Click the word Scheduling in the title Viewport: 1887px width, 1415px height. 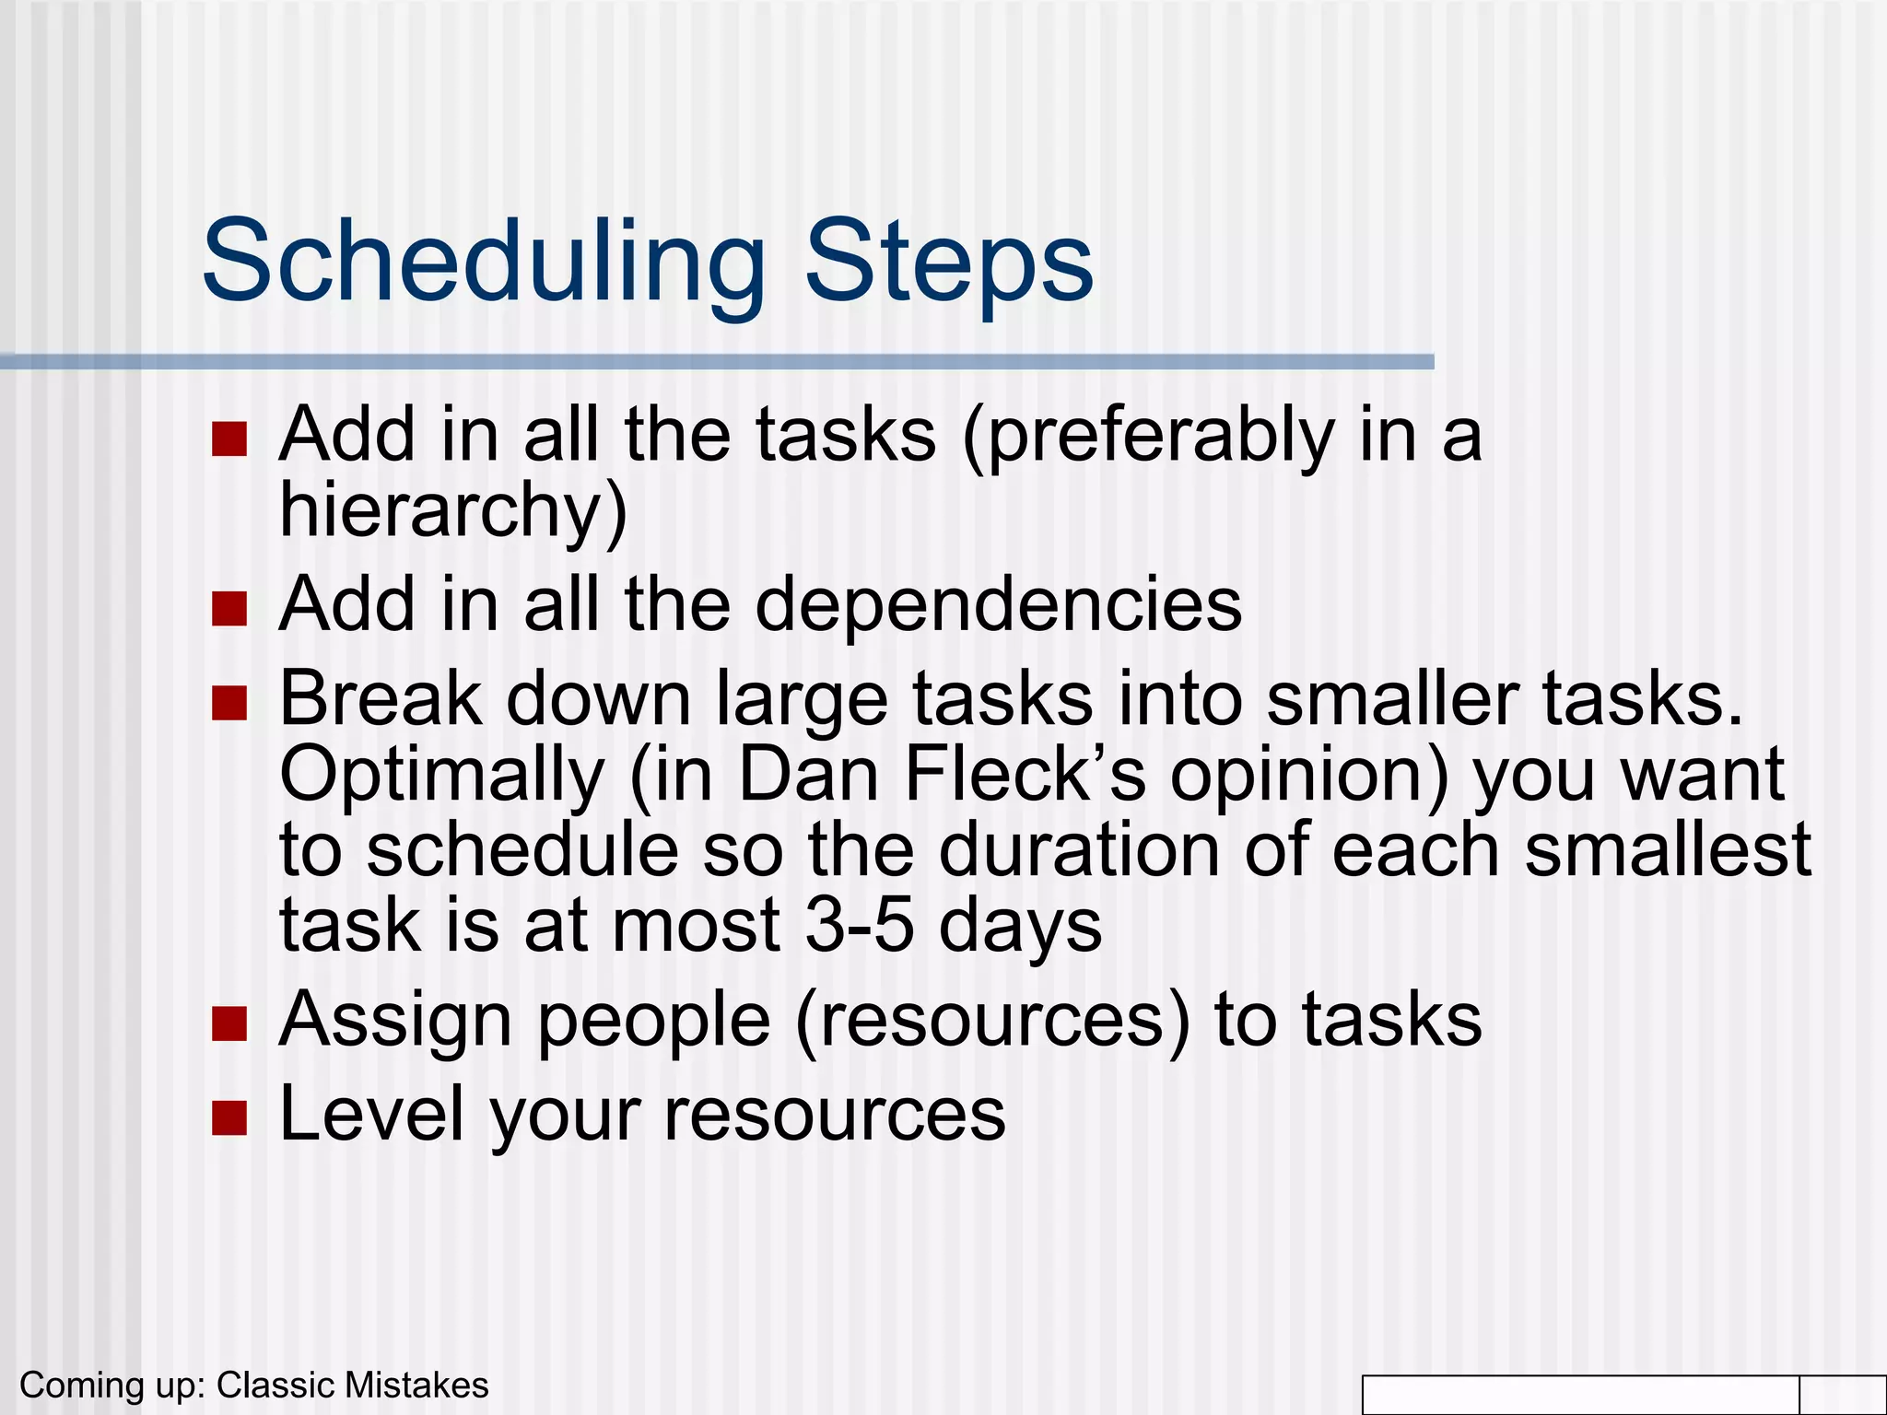(483, 263)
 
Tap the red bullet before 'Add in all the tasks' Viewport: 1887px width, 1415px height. (229, 439)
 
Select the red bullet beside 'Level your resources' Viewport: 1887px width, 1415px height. (229, 1117)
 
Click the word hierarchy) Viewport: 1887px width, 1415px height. (453, 511)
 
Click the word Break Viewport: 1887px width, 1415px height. (380, 698)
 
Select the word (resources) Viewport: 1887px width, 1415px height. (992, 1021)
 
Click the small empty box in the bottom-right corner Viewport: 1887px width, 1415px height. (1842, 1395)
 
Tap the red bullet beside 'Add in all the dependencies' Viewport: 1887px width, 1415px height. (229, 609)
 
